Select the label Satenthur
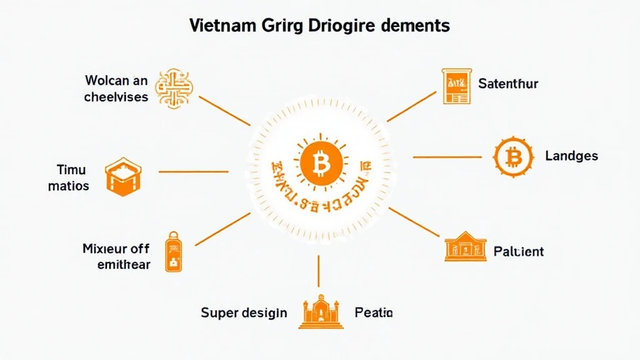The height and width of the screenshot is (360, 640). click(x=508, y=83)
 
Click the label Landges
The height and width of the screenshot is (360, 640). click(x=571, y=156)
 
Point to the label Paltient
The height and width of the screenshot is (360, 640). click(x=519, y=251)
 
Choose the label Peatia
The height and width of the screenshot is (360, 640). click(x=374, y=312)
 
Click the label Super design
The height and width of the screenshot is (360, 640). click(x=244, y=312)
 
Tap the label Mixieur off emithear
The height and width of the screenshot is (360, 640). click(x=116, y=256)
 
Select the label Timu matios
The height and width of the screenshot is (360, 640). click(x=71, y=177)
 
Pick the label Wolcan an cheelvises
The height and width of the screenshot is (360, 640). click(x=117, y=89)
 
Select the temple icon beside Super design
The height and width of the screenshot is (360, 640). click(x=321, y=310)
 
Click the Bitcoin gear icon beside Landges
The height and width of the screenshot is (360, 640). click(x=513, y=156)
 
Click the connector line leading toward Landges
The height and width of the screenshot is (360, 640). click(x=446, y=156)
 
